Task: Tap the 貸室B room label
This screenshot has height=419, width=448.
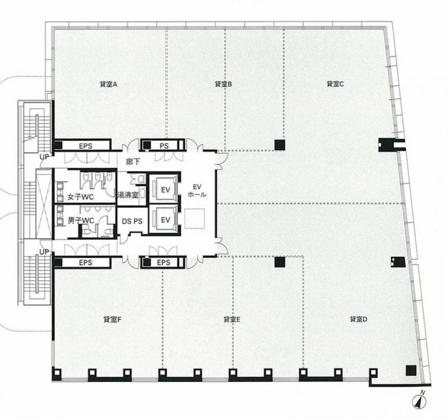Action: click(223, 84)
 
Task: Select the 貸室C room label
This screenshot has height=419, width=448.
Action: click(335, 84)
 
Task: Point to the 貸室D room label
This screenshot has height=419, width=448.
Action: click(358, 319)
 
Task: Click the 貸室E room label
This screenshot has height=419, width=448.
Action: click(232, 319)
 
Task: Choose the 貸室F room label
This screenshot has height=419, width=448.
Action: click(112, 319)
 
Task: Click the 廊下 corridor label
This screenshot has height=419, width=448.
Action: click(133, 162)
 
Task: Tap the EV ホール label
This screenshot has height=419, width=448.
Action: click(197, 191)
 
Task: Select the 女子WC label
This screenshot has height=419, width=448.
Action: click(80, 197)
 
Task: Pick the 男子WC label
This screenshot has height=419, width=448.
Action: click(81, 221)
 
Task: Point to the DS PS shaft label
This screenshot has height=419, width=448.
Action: click(132, 221)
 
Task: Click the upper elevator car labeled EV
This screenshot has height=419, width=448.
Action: click(165, 190)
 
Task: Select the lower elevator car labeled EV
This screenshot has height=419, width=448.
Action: click(165, 220)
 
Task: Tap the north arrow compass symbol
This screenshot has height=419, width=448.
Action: click(420, 401)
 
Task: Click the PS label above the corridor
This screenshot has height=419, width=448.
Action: click(164, 146)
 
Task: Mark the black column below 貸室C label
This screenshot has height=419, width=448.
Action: click(280, 145)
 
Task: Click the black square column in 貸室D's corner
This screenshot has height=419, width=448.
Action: click(411, 371)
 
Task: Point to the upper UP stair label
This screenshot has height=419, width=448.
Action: click(44, 157)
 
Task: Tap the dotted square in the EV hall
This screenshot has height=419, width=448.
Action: click(194, 218)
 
